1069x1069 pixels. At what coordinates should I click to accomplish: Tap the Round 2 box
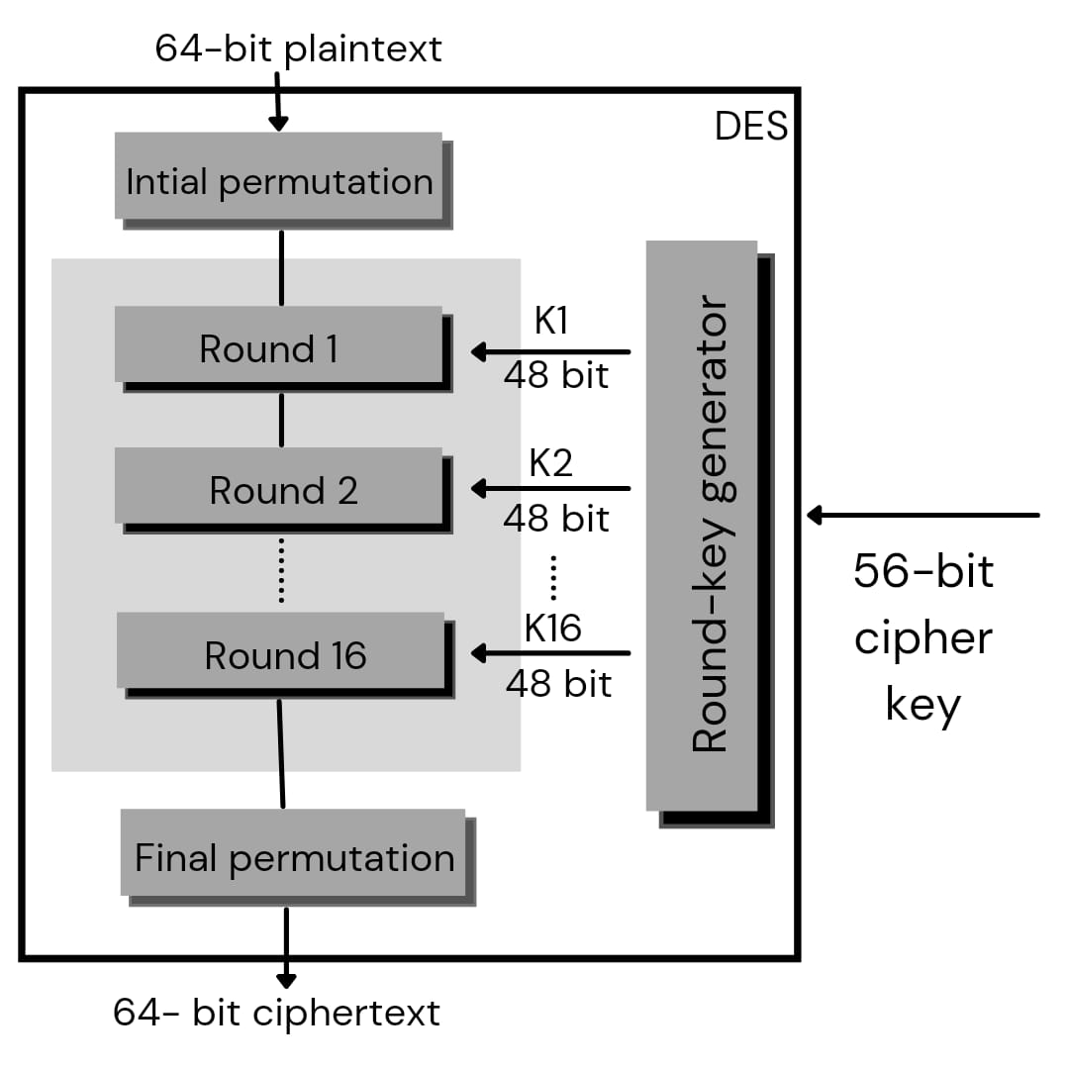[x=279, y=486]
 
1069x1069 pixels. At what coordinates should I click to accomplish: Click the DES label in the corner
[x=751, y=127]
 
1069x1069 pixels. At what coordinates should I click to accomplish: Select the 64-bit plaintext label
[x=298, y=49]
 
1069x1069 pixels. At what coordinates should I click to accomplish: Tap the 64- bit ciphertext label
[x=276, y=1013]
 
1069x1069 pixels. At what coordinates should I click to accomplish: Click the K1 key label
[x=551, y=321]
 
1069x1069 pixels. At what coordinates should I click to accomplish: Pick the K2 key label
[x=551, y=462]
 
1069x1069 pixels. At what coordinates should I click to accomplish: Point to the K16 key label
[x=552, y=628]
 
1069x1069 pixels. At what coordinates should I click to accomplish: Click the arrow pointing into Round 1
[x=550, y=351]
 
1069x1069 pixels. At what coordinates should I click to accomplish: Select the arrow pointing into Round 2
[x=550, y=488]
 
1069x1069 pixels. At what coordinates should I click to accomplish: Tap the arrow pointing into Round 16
[x=550, y=653]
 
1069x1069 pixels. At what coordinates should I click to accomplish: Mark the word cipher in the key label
[x=923, y=638]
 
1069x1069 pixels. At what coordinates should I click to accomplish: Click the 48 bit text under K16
[x=558, y=683]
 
